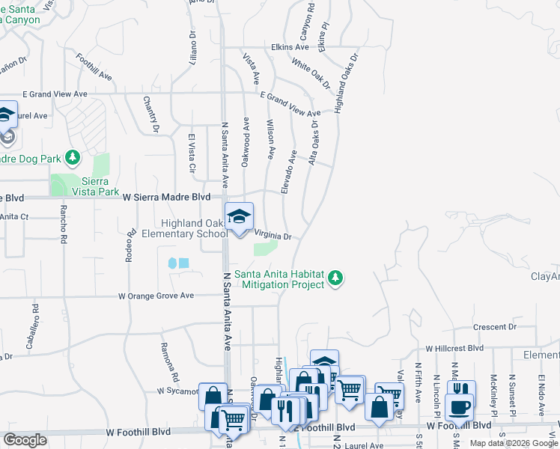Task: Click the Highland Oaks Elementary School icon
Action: click(240, 218)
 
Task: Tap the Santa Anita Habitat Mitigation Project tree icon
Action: click(336, 278)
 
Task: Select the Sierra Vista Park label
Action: click(97, 186)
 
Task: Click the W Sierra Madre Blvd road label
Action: click(152, 196)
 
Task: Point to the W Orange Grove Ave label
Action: click(156, 296)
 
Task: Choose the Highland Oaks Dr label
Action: click(347, 82)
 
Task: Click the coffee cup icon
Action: click(458, 409)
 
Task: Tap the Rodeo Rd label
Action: click(128, 246)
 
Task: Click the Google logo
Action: click(25, 440)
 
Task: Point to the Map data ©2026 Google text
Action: click(514, 443)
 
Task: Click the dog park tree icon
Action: click(73, 158)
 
